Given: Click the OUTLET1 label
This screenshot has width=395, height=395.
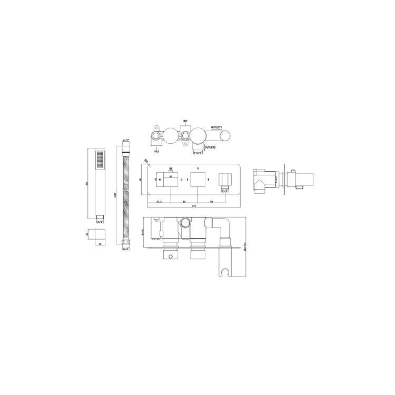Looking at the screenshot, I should (216, 127).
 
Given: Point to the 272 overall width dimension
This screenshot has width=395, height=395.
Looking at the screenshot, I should (194, 205).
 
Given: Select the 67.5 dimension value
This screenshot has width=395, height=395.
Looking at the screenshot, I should (157, 201).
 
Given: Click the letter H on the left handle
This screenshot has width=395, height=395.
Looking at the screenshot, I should (160, 180).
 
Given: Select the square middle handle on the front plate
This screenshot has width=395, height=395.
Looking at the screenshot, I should (197, 180).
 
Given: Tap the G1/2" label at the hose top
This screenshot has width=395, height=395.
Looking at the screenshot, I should (125, 141).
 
